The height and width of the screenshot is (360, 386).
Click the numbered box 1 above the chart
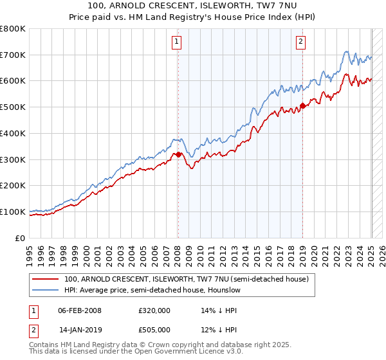(176, 42)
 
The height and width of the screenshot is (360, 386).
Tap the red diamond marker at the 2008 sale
(178, 154)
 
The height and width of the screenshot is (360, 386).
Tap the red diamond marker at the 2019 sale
(303, 106)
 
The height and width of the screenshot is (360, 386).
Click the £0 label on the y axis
(20, 238)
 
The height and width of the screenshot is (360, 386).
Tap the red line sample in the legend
(46, 280)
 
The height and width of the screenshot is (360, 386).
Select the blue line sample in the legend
(46, 290)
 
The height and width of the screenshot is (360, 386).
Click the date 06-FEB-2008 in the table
(80, 310)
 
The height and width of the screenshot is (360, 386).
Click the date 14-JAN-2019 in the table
(80, 329)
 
